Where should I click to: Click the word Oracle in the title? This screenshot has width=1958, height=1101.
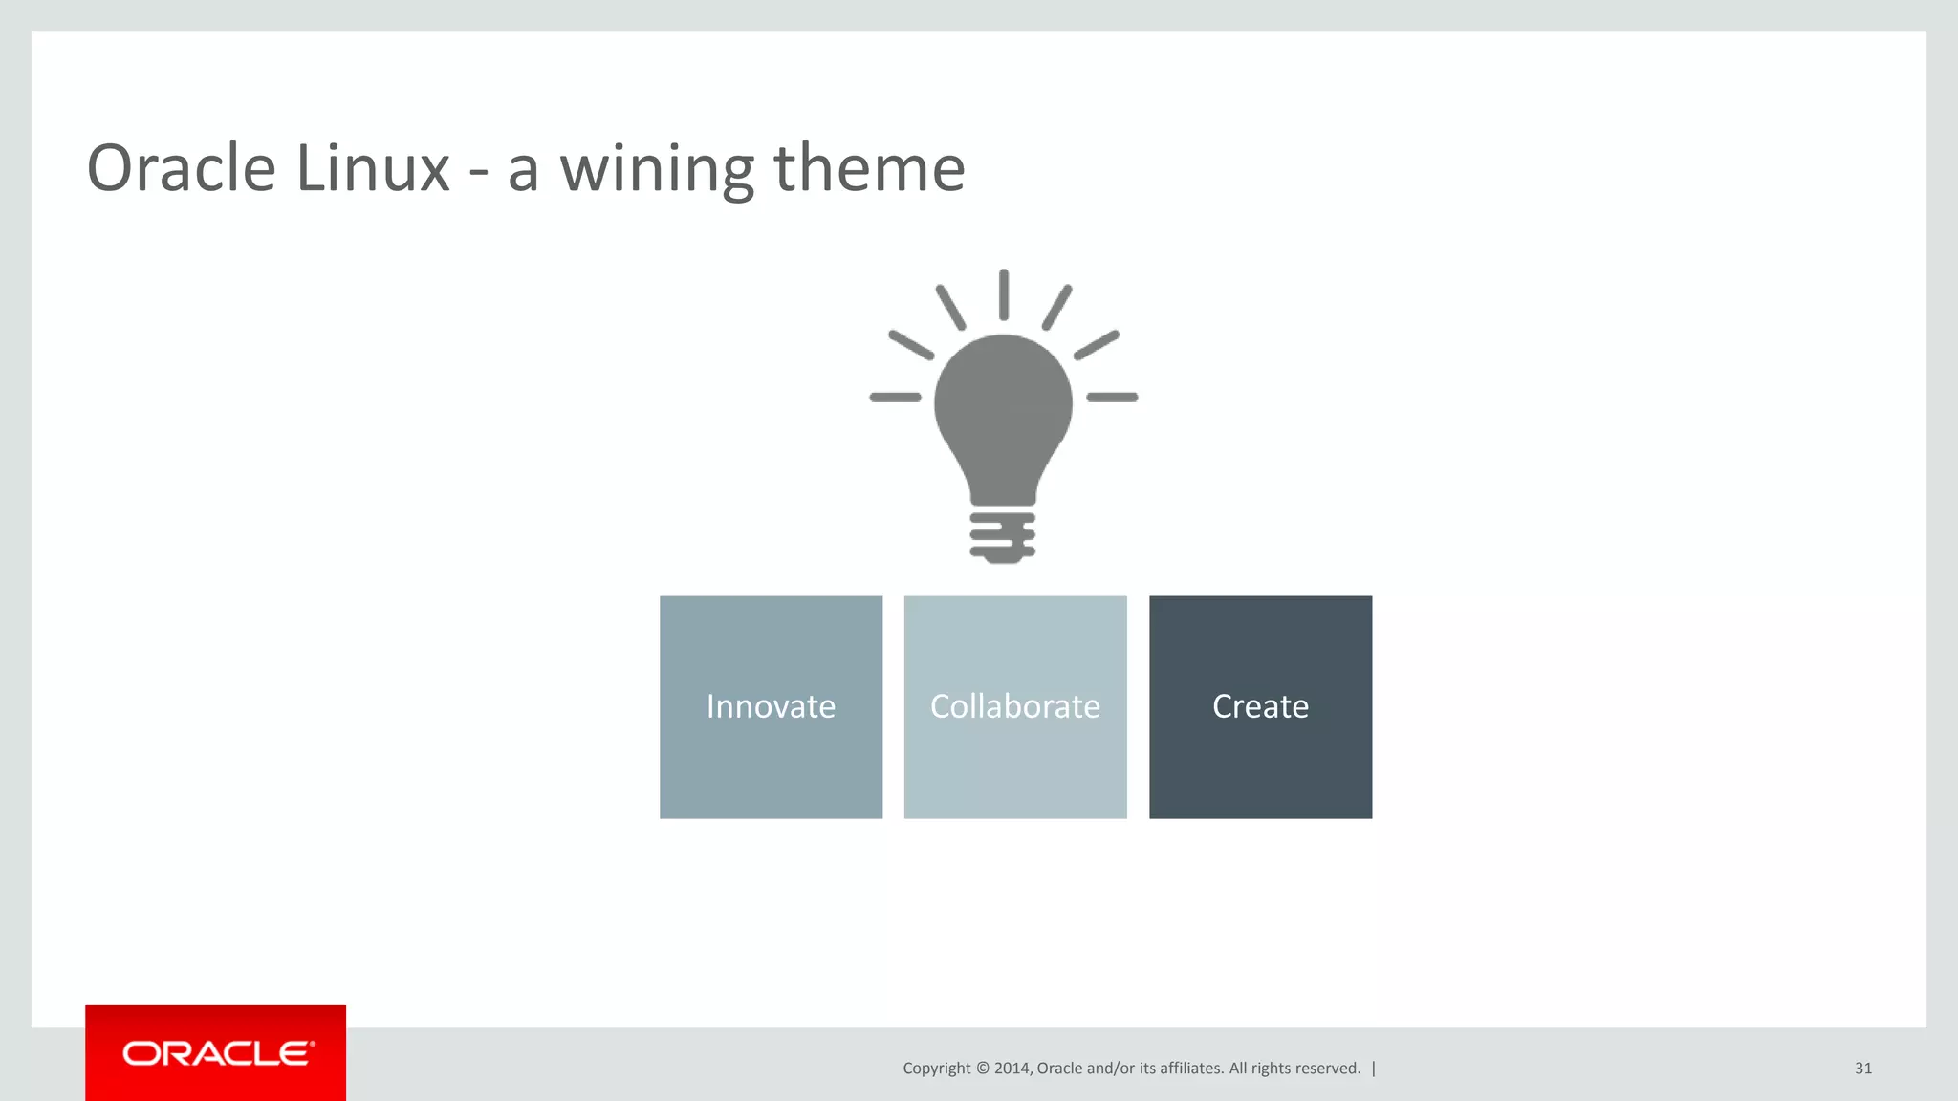pyautogui.click(x=181, y=168)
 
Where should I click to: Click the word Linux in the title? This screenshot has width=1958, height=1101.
pyautogui.click(x=373, y=168)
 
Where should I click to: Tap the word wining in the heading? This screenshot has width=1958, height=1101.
pyautogui.click(x=656, y=168)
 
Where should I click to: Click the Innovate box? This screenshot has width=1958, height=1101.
pyautogui.click(x=771, y=707)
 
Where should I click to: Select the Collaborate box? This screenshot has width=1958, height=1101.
pyautogui.click(x=1015, y=707)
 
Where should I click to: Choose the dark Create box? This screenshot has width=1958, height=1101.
pyautogui.click(x=1260, y=707)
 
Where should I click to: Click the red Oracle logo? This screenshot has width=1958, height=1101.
pyautogui.click(x=216, y=1053)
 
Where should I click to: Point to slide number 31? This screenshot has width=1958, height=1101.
pyautogui.click(x=1862, y=1069)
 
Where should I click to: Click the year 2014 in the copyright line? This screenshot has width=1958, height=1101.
pyautogui.click(x=1012, y=1069)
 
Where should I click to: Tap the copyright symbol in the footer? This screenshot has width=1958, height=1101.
pyautogui.click(x=982, y=1069)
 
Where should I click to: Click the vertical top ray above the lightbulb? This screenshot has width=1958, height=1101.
pyautogui.click(x=1004, y=294)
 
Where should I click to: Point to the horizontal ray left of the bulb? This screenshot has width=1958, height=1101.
pyautogui.click(x=895, y=397)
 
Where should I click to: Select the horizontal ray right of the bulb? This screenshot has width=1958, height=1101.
pyautogui.click(x=1113, y=397)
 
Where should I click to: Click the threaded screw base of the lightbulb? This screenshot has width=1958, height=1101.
pyautogui.click(x=1002, y=537)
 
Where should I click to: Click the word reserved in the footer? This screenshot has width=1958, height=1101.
pyautogui.click(x=1328, y=1069)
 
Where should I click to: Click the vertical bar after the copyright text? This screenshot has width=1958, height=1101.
pyautogui.click(x=1374, y=1069)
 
